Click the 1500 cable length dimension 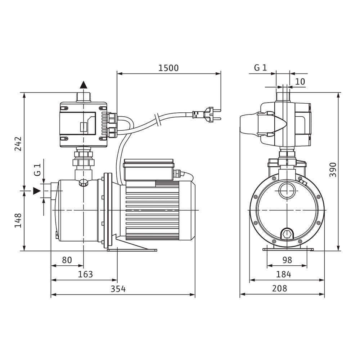click(168, 68)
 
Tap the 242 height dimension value click(18, 144)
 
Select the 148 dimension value click(18, 220)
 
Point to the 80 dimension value click(67, 260)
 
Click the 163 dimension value click(85, 274)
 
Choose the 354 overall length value click(118, 289)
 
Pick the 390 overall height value click(333, 170)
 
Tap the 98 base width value click(287, 260)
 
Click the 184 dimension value click(284, 274)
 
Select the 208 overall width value click(280, 288)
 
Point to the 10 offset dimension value click(300, 81)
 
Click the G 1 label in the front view click(261, 68)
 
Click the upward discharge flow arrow click(84, 85)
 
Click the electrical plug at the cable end click(207, 114)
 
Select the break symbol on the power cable click(158, 120)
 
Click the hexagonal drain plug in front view click(287, 235)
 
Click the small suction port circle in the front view click(287, 191)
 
